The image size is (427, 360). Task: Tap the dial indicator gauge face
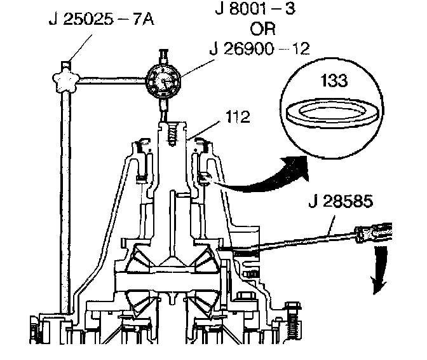tap(163, 81)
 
